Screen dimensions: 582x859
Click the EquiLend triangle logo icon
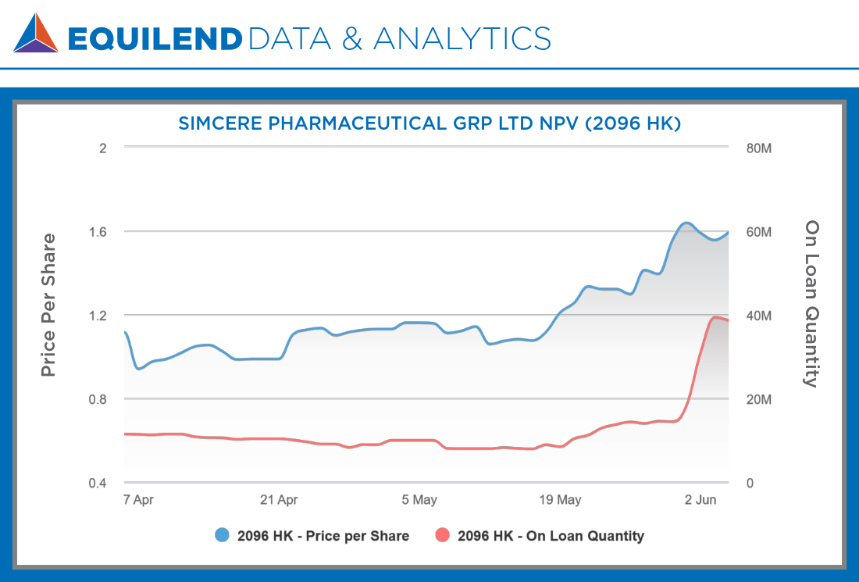(36, 34)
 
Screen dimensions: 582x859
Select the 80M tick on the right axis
(759, 148)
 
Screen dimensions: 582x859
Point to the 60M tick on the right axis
(759, 232)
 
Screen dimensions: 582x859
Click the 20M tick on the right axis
(759, 399)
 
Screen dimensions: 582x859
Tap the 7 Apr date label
(138, 500)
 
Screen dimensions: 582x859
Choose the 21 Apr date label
(279, 500)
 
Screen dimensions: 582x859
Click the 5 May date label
(419, 500)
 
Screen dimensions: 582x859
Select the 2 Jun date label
(700, 500)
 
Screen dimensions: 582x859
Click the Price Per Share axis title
(48, 305)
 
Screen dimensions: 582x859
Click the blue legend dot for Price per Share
(223, 536)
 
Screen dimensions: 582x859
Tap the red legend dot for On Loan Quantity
(443, 536)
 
